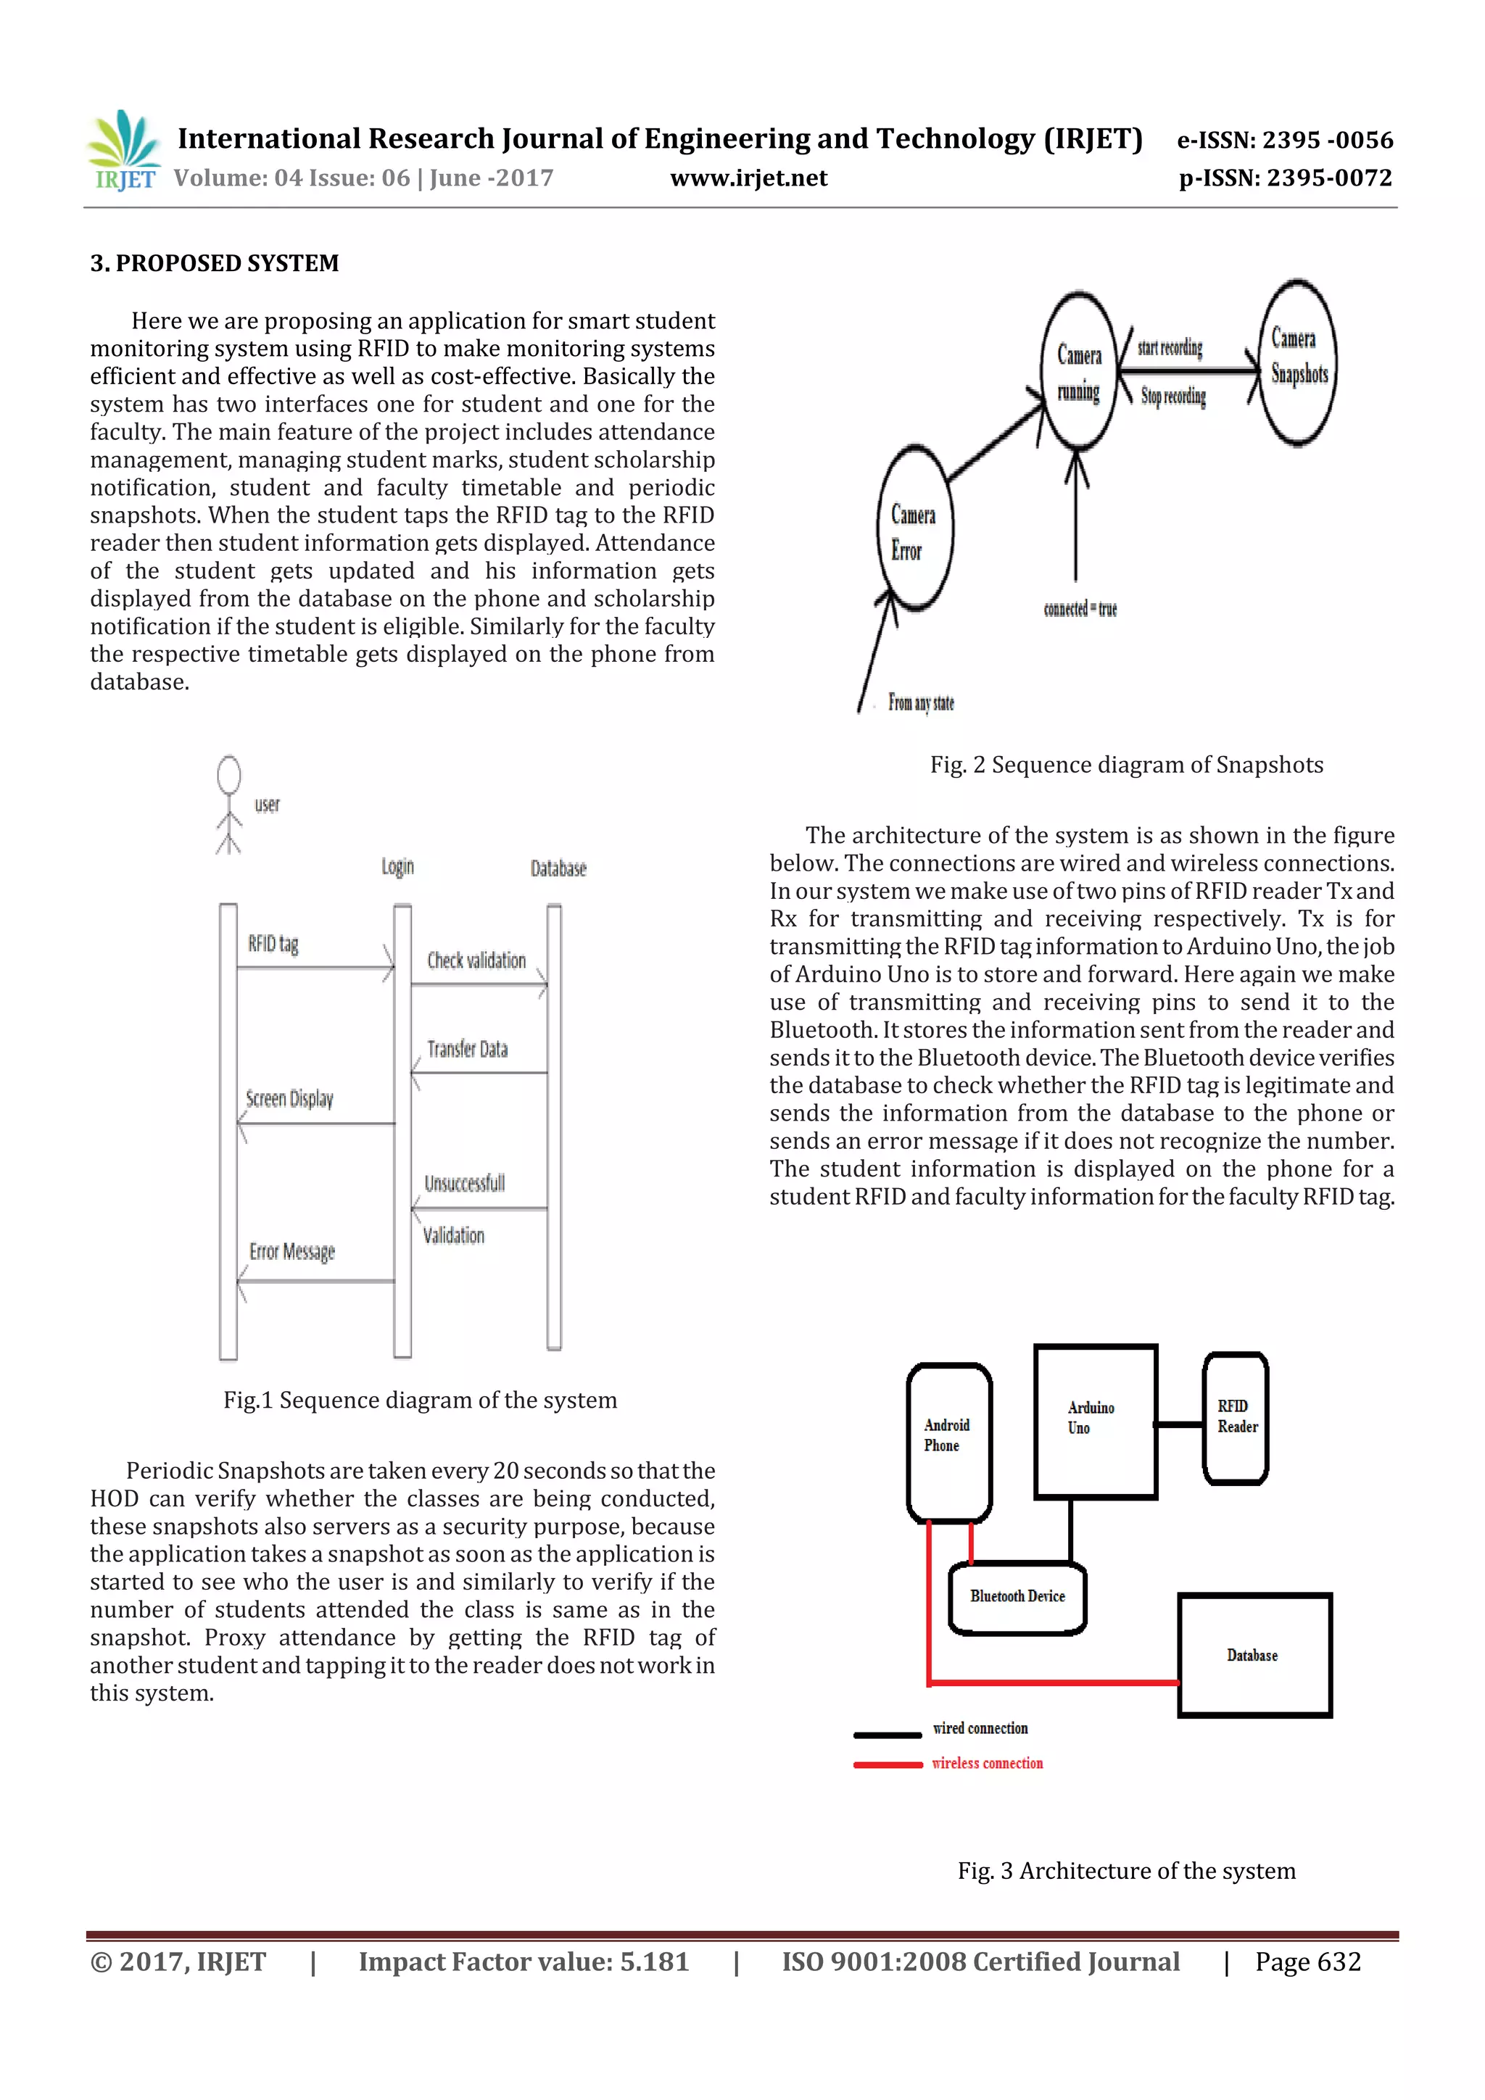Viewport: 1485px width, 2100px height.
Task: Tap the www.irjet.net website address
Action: click(748, 178)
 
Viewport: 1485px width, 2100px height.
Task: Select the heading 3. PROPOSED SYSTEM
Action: click(214, 263)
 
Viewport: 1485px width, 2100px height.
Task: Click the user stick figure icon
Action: click(228, 804)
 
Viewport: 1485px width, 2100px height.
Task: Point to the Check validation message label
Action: click(476, 960)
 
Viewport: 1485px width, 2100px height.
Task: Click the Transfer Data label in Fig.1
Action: click(467, 1049)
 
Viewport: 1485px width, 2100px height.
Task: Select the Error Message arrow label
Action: click(292, 1251)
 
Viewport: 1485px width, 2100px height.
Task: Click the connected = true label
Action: click(1080, 609)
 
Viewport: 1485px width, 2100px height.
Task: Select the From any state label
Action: click(920, 702)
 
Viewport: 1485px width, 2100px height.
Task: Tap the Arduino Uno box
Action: click(1095, 1422)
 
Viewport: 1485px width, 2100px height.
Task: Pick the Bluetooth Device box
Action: click(1017, 1597)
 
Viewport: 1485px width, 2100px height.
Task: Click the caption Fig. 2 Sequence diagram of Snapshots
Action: click(1126, 765)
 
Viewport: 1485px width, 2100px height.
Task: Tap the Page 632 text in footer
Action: click(1307, 1962)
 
